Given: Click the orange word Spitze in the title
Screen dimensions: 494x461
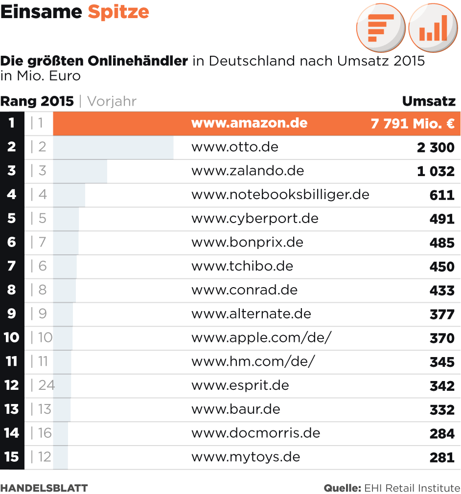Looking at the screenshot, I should pyautogui.click(x=118, y=12).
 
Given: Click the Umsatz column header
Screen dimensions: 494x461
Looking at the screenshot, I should pyautogui.click(x=429, y=101).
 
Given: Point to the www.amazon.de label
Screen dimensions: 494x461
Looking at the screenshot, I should pyautogui.click(x=249, y=123).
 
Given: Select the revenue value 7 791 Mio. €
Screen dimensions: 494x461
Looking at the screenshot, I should pyautogui.click(x=413, y=123).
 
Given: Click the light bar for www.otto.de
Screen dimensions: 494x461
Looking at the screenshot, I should pyautogui.click(x=113, y=147).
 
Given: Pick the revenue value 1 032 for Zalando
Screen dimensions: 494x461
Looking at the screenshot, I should pyautogui.click(x=436, y=171).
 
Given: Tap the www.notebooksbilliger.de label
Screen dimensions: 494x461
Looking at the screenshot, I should pyautogui.click(x=280, y=195).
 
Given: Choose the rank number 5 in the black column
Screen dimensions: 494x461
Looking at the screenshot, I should pyautogui.click(x=12, y=218).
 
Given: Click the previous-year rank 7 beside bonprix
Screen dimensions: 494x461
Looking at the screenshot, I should pyautogui.click(x=42, y=242).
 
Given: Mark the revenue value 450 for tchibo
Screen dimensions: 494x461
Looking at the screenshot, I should pyautogui.click(x=442, y=267).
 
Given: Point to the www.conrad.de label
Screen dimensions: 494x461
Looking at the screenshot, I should pyautogui.click(x=244, y=290).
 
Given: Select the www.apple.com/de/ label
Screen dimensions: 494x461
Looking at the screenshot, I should pyautogui.click(x=261, y=338).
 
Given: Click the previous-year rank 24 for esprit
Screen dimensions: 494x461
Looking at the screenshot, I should pyautogui.click(x=46, y=385).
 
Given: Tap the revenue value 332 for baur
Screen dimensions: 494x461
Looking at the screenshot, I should pyautogui.click(x=442, y=410).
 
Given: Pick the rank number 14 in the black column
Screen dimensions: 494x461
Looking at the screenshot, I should pyautogui.click(x=12, y=433).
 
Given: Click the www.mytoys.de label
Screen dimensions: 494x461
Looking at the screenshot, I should pyautogui.click(x=245, y=457).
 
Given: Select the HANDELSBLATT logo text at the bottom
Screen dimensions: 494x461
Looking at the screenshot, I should pyautogui.click(x=44, y=488).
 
